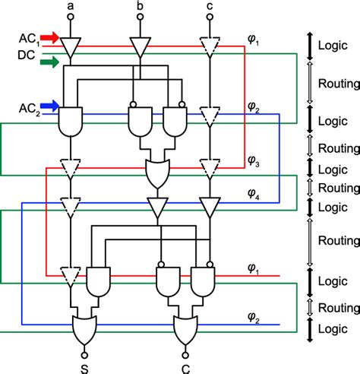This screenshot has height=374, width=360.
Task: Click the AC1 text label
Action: tap(28, 37)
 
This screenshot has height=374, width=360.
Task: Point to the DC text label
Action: tap(26, 55)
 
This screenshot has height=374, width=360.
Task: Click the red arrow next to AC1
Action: tap(51, 36)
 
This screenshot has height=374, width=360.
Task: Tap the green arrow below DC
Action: tap(51, 62)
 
